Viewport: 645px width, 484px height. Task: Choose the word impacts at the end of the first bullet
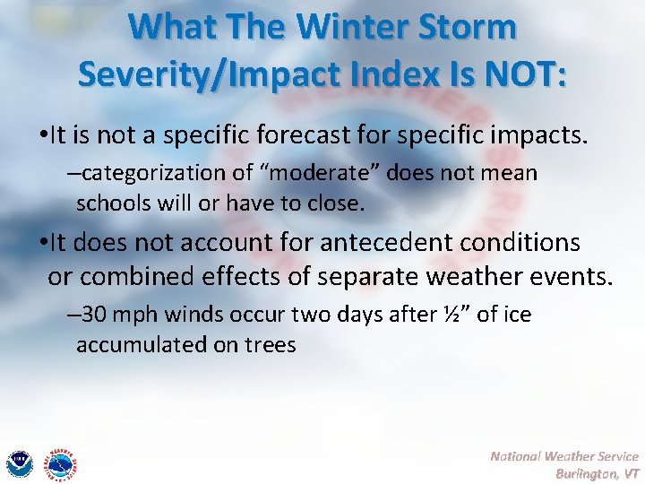(542, 135)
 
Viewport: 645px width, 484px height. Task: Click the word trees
(267, 345)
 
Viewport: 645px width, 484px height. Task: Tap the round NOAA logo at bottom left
(19, 463)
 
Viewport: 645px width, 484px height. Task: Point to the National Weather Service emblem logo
(61, 463)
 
